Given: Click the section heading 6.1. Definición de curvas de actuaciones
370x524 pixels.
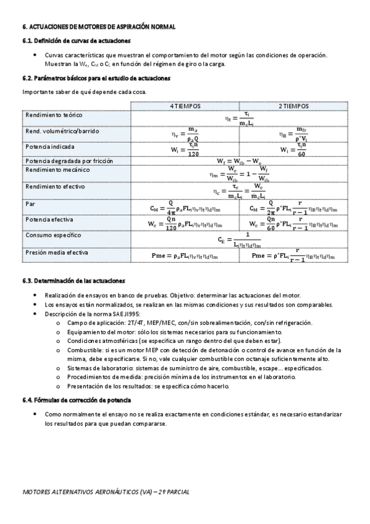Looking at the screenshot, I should click(76, 40).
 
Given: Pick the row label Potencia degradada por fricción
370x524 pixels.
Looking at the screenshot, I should click(69, 161).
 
